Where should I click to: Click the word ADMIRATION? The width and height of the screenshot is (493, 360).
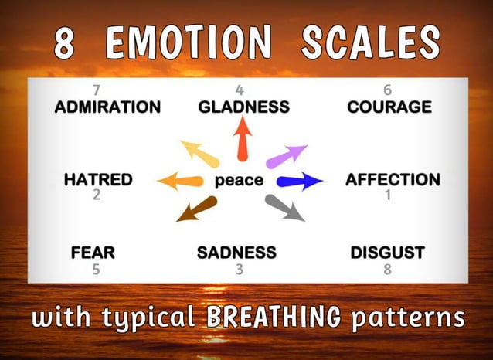click(x=107, y=107)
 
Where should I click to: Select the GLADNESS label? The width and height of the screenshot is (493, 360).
click(x=243, y=107)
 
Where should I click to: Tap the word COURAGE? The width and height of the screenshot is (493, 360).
click(x=389, y=107)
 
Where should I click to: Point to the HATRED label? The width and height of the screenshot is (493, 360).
click(x=97, y=180)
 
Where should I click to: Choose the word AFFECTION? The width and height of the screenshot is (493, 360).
click(x=393, y=180)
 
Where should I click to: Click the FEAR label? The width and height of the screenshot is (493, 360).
click(x=93, y=252)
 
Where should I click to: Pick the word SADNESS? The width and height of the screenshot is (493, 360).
click(x=236, y=252)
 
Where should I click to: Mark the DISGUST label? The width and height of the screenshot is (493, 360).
click(x=387, y=252)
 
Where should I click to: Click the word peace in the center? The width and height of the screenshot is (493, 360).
click(x=239, y=182)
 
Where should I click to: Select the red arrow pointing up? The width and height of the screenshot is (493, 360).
click(x=243, y=137)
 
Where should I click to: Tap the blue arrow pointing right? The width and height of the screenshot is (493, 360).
click(x=300, y=182)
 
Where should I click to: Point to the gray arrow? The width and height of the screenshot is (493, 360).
click(x=284, y=207)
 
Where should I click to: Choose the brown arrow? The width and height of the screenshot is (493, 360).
click(x=197, y=209)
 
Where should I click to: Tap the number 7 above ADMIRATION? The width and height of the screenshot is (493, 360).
click(x=97, y=90)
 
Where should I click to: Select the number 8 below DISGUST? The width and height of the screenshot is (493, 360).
click(x=387, y=270)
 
